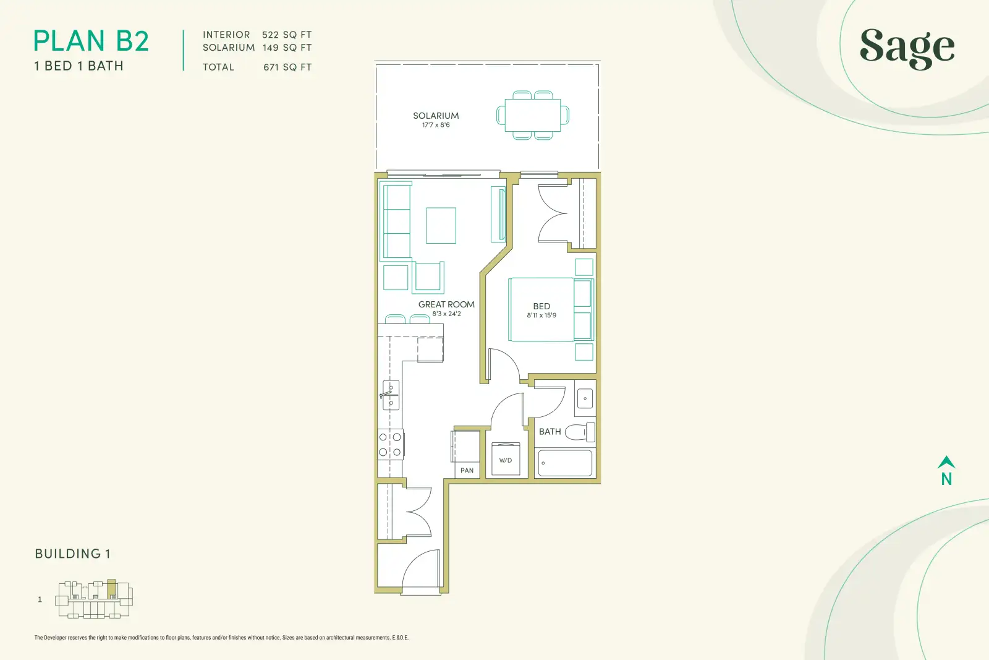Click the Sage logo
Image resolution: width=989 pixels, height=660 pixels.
tap(907, 49)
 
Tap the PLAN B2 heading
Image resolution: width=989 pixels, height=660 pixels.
tap(91, 41)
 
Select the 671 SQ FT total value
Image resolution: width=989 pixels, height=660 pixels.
tap(287, 67)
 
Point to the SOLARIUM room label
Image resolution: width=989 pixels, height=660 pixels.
tap(436, 116)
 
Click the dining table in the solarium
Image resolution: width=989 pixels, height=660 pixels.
tap(533, 115)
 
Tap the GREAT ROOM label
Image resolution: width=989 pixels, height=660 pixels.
tap(446, 304)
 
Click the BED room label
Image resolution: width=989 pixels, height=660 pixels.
tap(541, 306)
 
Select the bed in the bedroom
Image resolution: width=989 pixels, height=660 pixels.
tap(551, 309)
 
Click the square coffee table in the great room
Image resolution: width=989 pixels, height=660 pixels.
tap(441, 225)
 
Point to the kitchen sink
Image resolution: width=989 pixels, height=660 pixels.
tap(391, 395)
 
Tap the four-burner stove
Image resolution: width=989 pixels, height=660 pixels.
tap(390, 444)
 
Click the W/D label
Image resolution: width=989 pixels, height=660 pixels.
tap(506, 460)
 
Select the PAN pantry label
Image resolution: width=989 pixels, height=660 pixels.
tap(467, 471)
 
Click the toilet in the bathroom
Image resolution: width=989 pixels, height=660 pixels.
tap(580, 432)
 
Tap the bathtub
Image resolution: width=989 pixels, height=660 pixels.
tap(565, 463)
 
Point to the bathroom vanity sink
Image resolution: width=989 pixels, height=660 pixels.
tap(585, 398)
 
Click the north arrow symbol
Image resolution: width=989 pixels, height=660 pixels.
tap(946, 462)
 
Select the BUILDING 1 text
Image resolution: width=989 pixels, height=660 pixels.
tap(72, 554)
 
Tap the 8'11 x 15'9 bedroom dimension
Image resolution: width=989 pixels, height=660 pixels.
tap(541, 315)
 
